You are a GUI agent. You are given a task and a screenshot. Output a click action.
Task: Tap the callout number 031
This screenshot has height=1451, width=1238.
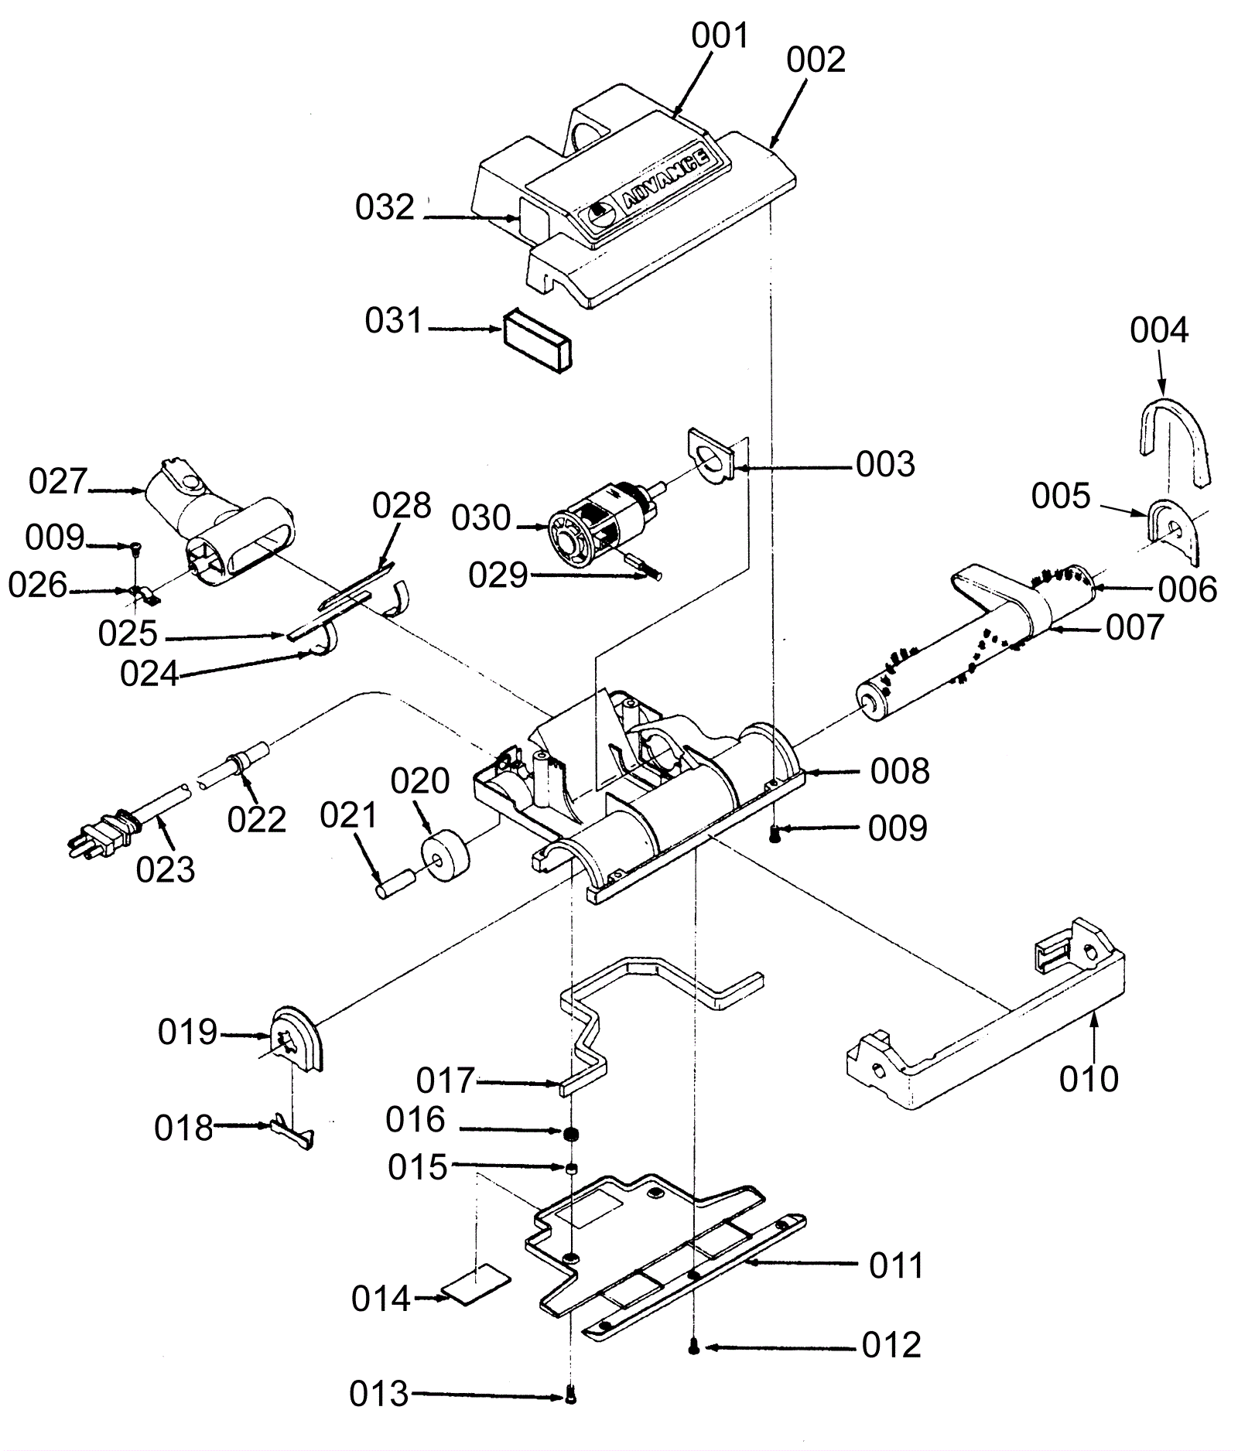(394, 320)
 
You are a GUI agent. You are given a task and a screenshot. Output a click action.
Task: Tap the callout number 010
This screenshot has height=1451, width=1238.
(1089, 1078)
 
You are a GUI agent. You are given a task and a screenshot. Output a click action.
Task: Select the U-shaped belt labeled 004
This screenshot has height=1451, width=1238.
(1175, 440)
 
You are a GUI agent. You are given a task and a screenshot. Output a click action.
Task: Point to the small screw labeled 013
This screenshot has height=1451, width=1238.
(572, 1394)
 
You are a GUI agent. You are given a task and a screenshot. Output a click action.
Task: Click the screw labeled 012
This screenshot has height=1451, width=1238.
(694, 1347)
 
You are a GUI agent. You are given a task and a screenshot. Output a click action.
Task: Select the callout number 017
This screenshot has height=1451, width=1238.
(445, 1081)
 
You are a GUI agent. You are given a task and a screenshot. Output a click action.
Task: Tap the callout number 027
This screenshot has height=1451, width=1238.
(58, 481)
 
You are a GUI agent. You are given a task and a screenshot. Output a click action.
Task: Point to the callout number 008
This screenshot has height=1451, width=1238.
(899, 771)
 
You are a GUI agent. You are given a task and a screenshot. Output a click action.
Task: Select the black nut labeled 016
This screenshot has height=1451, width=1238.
(572, 1134)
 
